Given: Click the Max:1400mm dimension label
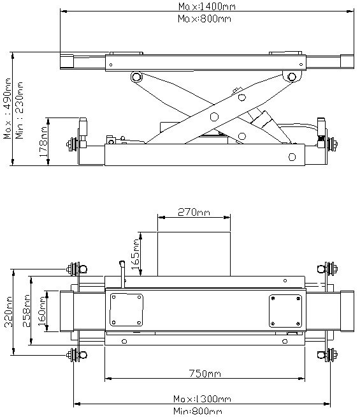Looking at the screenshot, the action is [x=206, y=6].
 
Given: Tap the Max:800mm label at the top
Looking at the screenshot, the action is [x=205, y=19].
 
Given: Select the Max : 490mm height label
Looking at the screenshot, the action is [x=7, y=108].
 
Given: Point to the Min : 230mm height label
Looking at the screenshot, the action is [x=19, y=110].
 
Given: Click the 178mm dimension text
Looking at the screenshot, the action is [x=43, y=142].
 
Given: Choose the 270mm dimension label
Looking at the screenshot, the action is [x=194, y=212].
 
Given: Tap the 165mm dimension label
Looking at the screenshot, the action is [x=135, y=254].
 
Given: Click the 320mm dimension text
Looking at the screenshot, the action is [x=8, y=312].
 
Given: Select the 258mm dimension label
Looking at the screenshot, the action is [x=26, y=310].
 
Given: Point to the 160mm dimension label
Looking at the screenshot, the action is [x=42, y=311].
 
